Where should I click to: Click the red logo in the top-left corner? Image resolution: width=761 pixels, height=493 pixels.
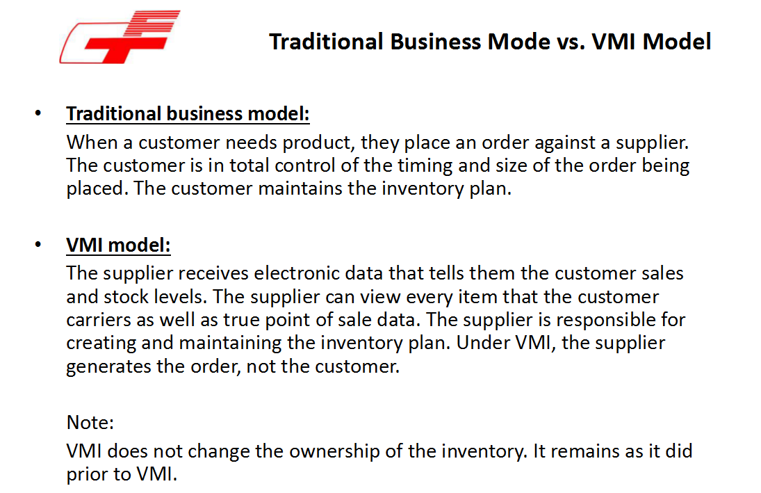(x=120, y=37)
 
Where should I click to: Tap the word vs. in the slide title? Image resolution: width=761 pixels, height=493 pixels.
(x=571, y=42)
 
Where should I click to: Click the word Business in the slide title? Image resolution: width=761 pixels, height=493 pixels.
(x=435, y=42)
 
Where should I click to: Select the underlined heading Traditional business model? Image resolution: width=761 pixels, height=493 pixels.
(x=188, y=114)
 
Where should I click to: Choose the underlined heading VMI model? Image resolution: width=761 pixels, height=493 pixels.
(x=118, y=245)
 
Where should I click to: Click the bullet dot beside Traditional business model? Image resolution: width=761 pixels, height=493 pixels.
(x=38, y=113)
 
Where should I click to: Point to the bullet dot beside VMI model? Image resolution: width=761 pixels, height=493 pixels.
(x=38, y=244)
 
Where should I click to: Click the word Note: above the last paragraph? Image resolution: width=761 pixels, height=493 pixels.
(x=90, y=423)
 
